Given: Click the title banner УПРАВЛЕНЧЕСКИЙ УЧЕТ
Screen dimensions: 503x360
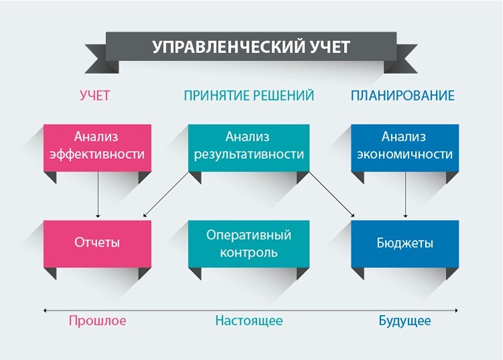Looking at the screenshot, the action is (x=251, y=47).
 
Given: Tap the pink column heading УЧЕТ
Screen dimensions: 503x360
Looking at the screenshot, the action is (x=95, y=95).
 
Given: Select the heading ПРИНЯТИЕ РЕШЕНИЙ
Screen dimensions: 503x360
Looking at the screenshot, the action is (x=249, y=95).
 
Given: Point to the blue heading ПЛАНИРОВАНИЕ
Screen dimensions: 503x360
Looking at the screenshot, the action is (x=402, y=95).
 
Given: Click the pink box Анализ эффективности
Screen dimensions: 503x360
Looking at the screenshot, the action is (x=97, y=147).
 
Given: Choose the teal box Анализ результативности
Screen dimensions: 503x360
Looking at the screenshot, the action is (x=249, y=147).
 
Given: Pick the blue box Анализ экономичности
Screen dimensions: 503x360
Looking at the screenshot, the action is (x=405, y=147).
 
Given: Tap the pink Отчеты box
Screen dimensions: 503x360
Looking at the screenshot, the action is (x=97, y=243).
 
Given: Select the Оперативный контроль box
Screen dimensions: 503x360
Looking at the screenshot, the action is (x=249, y=243).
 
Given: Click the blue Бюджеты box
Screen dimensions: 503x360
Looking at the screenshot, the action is (x=405, y=243).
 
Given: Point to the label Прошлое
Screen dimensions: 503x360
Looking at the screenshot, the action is (x=97, y=320).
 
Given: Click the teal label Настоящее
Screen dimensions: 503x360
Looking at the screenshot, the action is (x=249, y=320).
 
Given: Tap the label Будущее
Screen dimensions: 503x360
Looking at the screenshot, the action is (x=405, y=320).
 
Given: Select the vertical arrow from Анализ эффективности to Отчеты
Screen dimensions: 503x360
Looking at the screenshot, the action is (x=98, y=194).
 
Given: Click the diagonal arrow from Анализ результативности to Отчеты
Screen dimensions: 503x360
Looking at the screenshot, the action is (x=166, y=194).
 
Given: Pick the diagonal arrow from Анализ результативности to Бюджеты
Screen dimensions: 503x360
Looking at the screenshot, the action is (x=332, y=194).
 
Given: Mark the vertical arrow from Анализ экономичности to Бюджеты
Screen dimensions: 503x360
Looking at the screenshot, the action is (x=405, y=194).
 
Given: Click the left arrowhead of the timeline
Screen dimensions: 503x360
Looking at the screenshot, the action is (x=45, y=310).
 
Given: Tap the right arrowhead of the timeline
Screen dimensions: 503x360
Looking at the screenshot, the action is (x=456, y=310).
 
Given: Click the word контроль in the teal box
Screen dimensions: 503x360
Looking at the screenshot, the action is (x=249, y=253).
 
